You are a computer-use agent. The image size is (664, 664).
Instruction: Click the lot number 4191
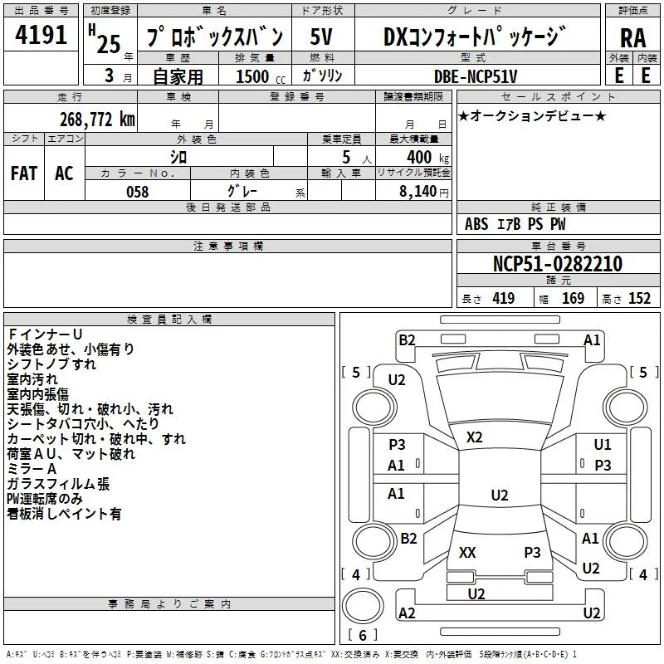click(x=41, y=35)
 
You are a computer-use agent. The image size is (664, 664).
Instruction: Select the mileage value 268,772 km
click(x=97, y=120)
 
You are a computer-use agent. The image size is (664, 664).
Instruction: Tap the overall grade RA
click(x=632, y=38)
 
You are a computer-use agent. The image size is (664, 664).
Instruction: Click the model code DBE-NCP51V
click(x=476, y=76)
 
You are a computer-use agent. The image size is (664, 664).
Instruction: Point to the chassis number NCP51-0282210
click(x=558, y=264)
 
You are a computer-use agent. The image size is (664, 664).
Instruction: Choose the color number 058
click(x=138, y=192)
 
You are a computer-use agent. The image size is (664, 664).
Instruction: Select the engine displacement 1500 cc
click(x=261, y=76)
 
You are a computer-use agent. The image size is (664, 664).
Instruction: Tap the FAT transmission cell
click(x=24, y=173)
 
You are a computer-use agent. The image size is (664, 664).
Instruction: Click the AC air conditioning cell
click(x=65, y=173)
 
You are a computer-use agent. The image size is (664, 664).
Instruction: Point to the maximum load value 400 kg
click(x=427, y=157)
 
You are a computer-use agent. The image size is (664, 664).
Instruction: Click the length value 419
click(x=504, y=298)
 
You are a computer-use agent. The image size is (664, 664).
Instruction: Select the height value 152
click(x=639, y=298)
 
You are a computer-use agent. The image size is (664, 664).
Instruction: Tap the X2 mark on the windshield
click(x=474, y=437)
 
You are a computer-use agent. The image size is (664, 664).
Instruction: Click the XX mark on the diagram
click(x=467, y=552)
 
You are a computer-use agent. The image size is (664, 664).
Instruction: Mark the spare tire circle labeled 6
click(x=363, y=606)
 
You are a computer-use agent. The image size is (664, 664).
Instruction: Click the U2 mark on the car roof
click(x=500, y=495)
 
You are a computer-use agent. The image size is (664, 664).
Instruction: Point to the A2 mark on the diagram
click(x=407, y=613)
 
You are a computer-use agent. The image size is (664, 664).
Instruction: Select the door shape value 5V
click(x=321, y=37)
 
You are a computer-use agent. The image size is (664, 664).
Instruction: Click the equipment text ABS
click(x=476, y=224)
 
